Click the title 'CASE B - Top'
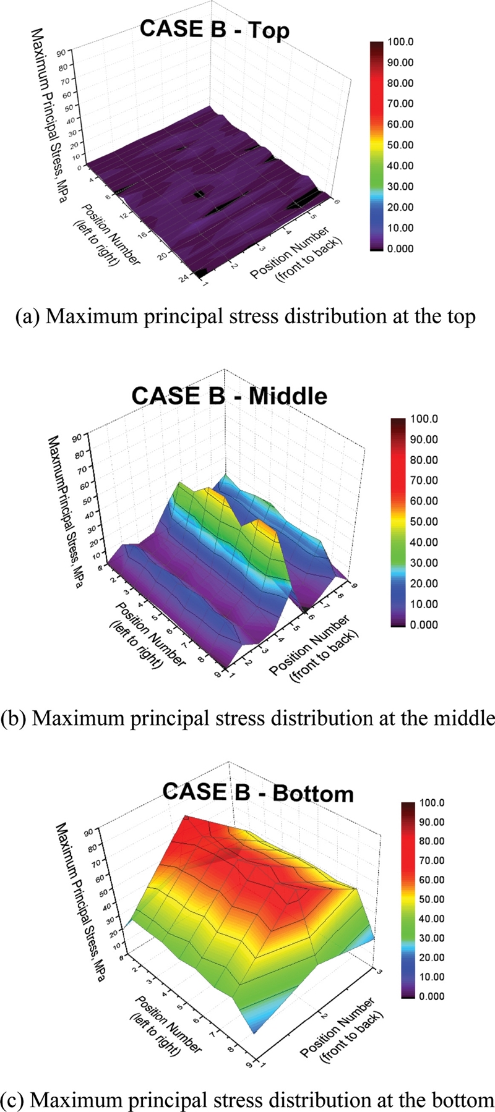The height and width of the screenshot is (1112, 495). tap(214, 30)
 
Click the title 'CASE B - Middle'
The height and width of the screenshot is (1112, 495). tap(229, 396)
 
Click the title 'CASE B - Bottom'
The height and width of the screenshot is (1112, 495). tap(258, 793)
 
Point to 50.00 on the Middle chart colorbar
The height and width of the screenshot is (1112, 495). tap(424, 522)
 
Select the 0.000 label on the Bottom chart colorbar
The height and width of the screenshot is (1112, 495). tap(432, 996)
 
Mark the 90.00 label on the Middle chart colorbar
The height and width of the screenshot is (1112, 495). tap(424, 439)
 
